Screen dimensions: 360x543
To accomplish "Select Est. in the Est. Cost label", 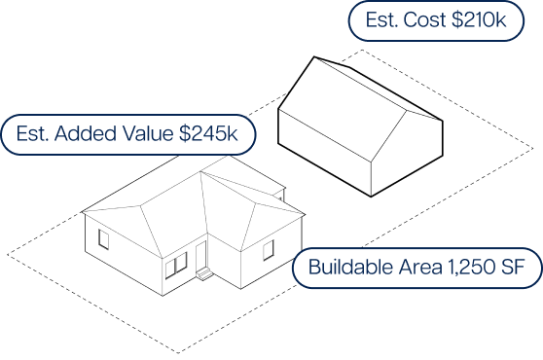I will (382, 20).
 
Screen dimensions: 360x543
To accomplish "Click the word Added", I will (83, 134).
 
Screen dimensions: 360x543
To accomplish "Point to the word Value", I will (146, 134).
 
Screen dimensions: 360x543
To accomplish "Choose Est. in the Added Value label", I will (32, 134).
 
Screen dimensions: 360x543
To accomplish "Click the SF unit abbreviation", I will (514, 268).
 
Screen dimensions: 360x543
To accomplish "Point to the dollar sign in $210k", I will (457, 20).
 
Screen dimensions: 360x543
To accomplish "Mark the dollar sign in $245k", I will (185, 134).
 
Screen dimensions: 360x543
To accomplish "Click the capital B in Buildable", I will (314, 268).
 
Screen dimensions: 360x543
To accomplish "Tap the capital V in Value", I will (127, 134).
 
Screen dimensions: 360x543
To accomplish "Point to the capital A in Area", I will (400, 268).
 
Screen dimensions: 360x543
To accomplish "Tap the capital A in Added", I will (61, 134).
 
